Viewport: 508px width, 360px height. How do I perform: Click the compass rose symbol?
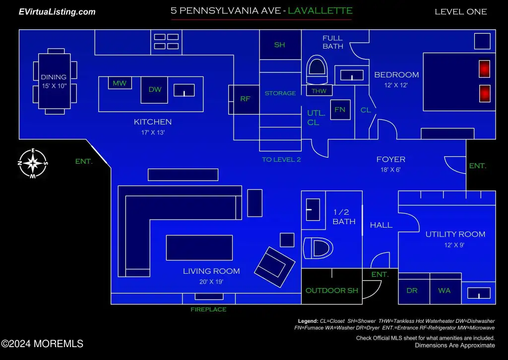(x=33, y=164)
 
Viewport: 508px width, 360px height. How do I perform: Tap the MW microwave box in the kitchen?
(x=120, y=83)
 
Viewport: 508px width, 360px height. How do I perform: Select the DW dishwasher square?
(x=154, y=90)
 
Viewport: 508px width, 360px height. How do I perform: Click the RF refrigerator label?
(x=245, y=99)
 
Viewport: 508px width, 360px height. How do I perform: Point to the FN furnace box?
(x=340, y=110)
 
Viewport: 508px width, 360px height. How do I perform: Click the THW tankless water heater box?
(x=319, y=91)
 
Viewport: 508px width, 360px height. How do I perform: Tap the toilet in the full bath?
(x=317, y=70)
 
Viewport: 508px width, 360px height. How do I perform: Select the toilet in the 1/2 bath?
(x=318, y=248)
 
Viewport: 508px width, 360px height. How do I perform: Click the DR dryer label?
(x=412, y=291)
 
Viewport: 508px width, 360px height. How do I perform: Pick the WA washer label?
(x=444, y=291)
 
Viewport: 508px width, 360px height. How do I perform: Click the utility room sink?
(x=479, y=294)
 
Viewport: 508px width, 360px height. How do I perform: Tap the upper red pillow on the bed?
(x=484, y=68)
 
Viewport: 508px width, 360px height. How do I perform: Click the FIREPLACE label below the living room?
(x=208, y=309)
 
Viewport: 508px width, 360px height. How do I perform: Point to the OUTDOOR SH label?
(x=332, y=291)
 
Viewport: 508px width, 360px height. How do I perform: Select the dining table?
(x=55, y=81)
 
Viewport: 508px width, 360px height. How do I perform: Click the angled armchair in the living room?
(x=275, y=267)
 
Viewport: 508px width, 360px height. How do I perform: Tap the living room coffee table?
(x=199, y=247)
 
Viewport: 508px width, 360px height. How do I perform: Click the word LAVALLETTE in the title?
(x=320, y=11)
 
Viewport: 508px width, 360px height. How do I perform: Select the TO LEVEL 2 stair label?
(x=281, y=160)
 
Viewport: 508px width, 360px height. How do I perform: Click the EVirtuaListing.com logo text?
(x=57, y=12)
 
